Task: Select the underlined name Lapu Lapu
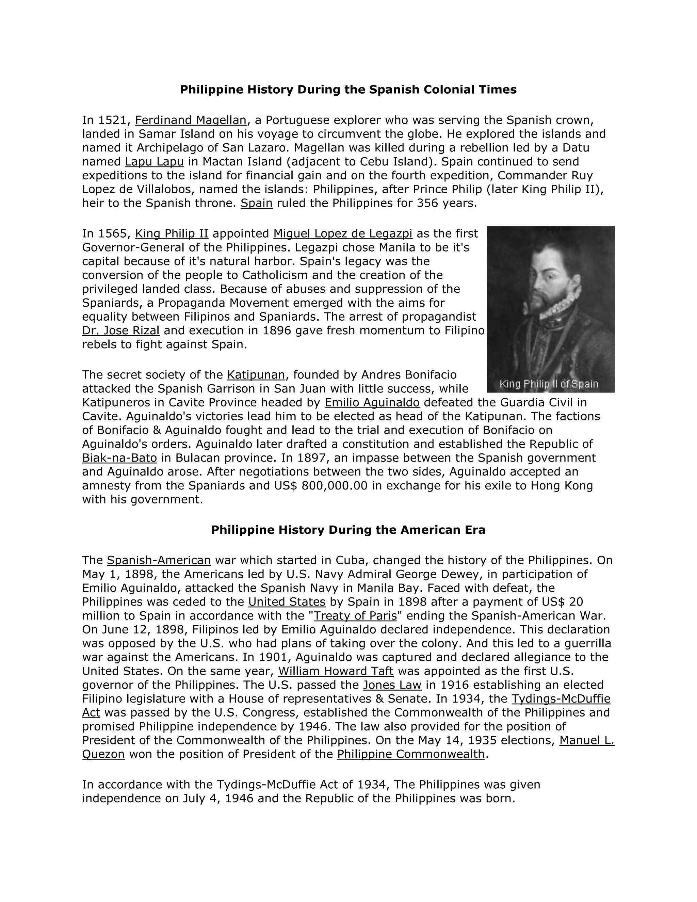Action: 154,161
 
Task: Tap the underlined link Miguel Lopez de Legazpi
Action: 343,234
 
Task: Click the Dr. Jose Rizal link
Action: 120,331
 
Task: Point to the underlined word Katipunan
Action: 256,375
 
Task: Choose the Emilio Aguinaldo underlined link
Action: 372,402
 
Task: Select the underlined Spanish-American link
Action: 159,561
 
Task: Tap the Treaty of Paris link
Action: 355,616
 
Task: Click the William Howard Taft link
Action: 336,671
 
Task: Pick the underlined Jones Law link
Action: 392,685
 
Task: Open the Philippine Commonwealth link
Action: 410,754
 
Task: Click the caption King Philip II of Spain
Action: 549,384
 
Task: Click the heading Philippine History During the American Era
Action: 348,530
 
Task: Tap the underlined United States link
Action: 287,602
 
